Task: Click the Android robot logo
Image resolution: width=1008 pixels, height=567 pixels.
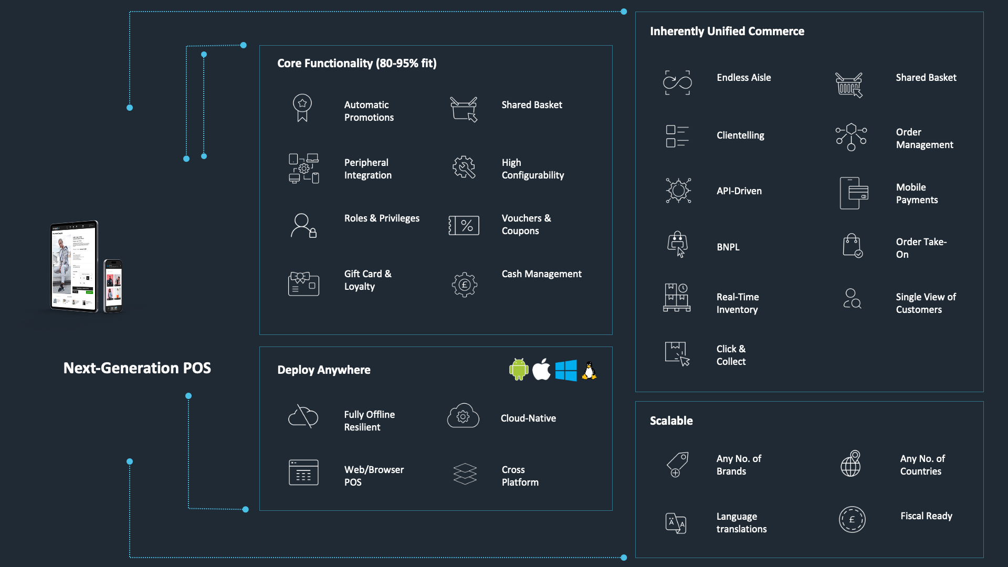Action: [x=518, y=370]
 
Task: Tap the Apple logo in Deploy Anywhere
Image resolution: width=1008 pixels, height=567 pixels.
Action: [x=541, y=370]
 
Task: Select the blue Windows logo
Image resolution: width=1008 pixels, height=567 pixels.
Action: [x=566, y=370]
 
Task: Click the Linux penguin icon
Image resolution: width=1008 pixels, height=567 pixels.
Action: [x=590, y=370]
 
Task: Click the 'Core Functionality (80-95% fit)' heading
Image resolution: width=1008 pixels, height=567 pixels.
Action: [x=356, y=64]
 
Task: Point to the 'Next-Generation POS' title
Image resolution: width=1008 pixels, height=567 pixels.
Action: [x=137, y=368]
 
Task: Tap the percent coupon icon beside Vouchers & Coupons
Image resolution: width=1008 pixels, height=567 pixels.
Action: [x=464, y=225]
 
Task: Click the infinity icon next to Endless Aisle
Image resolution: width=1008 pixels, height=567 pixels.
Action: [x=677, y=82]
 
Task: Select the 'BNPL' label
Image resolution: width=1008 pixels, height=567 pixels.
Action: [x=728, y=247]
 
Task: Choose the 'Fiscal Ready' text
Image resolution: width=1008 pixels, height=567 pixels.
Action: [x=926, y=516]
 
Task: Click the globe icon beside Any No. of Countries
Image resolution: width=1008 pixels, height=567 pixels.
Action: [x=850, y=464]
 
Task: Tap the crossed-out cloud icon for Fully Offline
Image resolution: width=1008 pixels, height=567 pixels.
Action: [x=303, y=417]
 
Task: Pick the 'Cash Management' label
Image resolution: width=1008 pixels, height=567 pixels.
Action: [x=541, y=274]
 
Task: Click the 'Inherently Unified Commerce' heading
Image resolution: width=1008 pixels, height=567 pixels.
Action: [x=727, y=31]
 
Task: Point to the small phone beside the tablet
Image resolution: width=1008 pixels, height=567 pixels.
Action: [x=113, y=286]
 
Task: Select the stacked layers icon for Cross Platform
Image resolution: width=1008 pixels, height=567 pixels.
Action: [x=465, y=474]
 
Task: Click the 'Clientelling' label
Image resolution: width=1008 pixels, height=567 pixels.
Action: [x=740, y=135]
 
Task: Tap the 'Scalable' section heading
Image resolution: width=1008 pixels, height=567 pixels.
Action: [x=671, y=421]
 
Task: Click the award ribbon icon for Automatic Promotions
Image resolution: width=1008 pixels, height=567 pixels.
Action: [x=302, y=108]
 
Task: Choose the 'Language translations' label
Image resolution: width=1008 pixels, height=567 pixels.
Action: [x=741, y=523]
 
